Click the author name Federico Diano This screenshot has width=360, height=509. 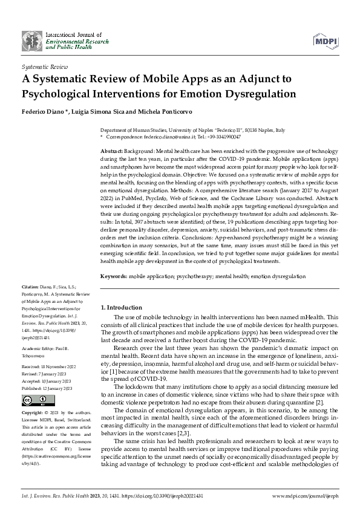pos(44,113)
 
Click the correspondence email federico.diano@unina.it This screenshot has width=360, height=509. pos(160,137)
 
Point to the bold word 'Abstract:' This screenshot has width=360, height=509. pos(112,149)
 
